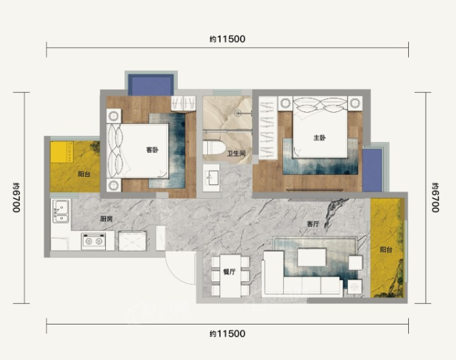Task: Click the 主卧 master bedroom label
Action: tap(319, 138)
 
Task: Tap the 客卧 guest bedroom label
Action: tap(152, 150)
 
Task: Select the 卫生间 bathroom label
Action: tap(236, 154)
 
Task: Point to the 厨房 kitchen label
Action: tap(107, 219)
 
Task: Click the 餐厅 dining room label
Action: tap(229, 272)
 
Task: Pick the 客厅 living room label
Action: tap(313, 224)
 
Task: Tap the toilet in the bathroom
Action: tap(214, 148)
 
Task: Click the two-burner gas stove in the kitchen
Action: tap(94, 241)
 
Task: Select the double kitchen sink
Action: tap(61, 211)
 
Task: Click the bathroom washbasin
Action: tap(211, 178)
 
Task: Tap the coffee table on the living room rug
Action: tap(312, 257)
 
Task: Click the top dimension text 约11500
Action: tap(228, 39)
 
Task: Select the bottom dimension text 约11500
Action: tap(228, 333)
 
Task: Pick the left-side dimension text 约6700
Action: tap(16, 197)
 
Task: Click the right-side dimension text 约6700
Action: tap(435, 197)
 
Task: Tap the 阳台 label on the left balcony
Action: tap(84, 174)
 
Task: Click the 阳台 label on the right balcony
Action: tap(386, 249)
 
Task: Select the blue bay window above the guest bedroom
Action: tap(151, 85)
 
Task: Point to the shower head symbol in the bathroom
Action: tap(239, 113)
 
